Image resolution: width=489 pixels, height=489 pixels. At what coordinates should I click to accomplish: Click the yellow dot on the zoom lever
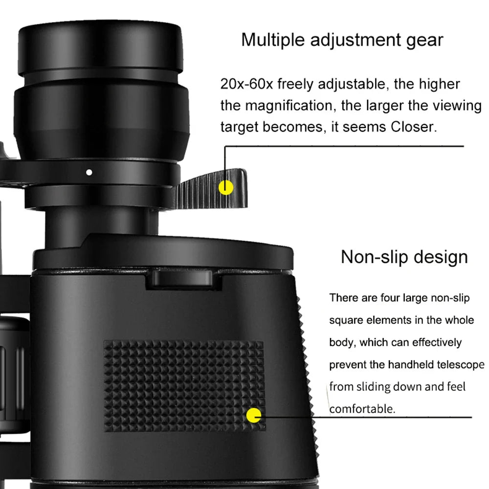pyautogui.click(x=225, y=187)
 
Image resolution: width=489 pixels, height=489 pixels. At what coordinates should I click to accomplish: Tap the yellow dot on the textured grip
pyautogui.click(x=254, y=416)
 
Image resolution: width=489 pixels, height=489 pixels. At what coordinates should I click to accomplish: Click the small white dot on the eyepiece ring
pyautogui.click(x=89, y=172)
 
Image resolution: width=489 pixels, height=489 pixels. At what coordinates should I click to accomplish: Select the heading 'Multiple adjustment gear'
pyautogui.click(x=342, y=40)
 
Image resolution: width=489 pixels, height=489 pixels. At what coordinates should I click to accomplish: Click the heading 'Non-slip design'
pyautogui.click(x=404, y=257)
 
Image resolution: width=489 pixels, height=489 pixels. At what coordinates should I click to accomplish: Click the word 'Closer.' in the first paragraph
pyautogui.click(x=412, y=127)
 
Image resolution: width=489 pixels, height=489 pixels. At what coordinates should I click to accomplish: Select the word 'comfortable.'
pyautogui.click(x=362, y=409)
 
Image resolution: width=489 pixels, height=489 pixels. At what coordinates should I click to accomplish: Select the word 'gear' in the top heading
pyautogui.click(x=423, y=40)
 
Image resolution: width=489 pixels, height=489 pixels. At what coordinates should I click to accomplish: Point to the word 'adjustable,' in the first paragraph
pyautogui.click(x=354, y=84)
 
